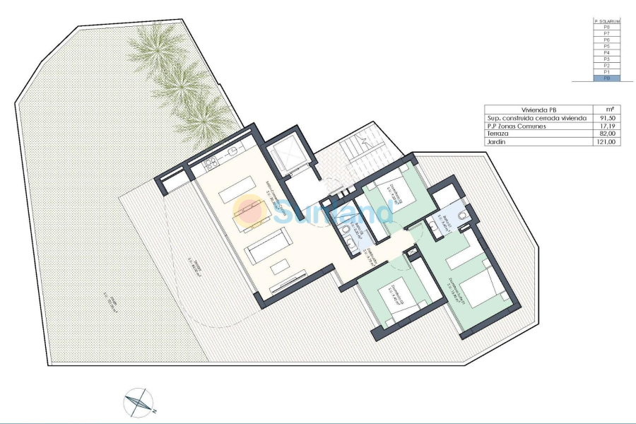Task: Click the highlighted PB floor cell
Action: (x=606, y=78)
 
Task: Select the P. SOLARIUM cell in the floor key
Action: (x=606, y=21)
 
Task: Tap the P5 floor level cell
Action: (x=606, y=47)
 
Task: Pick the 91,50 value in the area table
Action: (x=606, y=117)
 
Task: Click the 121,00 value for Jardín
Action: (x=606, y=141)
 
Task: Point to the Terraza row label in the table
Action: (x=498, y=134)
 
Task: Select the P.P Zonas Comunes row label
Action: (x=515, y=126)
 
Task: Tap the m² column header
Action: (x=606, y=109)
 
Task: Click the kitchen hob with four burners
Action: (x=210, y=167)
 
